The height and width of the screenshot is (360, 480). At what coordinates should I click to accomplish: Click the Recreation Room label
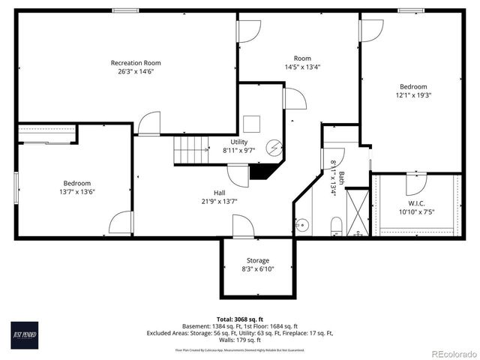tap(136, 63)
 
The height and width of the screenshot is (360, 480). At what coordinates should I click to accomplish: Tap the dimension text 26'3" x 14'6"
tap(136, 72)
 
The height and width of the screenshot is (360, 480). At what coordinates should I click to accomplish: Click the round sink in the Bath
tap(301, 224)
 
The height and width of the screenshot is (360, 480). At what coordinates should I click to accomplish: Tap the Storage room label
tap(257, 260)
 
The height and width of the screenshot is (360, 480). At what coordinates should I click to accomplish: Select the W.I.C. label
tap(416, 202)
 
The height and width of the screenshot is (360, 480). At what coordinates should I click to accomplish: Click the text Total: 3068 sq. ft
tap(240, 319)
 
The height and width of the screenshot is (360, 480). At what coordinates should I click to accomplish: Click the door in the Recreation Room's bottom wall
tap(149, 124)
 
